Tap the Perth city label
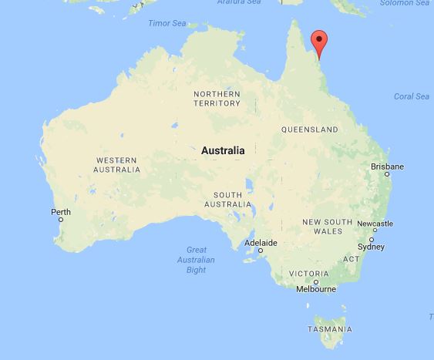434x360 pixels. tap(61, 212)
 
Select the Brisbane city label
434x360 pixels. tap(387, 167)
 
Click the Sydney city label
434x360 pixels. tap(371, 247)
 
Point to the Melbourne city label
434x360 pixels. tap(317, 290)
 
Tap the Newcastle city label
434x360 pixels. tap(375, 224)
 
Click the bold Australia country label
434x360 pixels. tap(223, 151)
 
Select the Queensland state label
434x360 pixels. tap(310, 129)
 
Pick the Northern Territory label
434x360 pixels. tap(217, 99)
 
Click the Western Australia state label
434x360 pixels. tap(116, 164)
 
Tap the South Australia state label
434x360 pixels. tap(228, 199)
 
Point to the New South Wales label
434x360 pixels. tap(322, 227)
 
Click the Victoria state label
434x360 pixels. tap(309, 274)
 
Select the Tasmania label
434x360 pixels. tap(329, 329)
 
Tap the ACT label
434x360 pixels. tap(352, 259)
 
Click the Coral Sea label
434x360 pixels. tap(412, 96)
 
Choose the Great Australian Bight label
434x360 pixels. tap(197, 260)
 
